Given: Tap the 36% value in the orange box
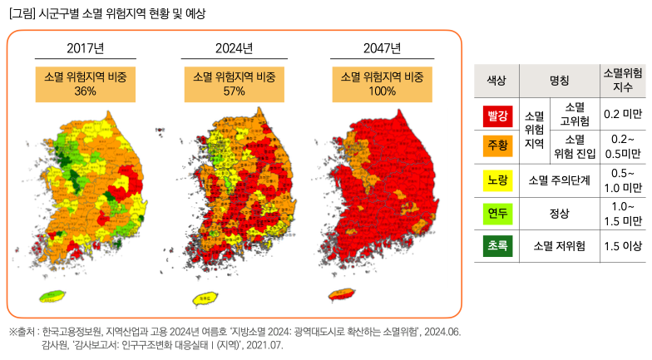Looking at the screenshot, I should point(85,91).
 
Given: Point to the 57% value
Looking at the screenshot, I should point(234,91).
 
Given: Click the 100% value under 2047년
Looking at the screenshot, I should point(382,91).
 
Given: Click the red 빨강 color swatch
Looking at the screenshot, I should point(497,114).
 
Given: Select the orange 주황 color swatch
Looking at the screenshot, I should point(497,145).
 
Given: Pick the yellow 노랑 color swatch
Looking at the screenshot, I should point(497,179).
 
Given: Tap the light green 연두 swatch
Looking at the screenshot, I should point(497,213).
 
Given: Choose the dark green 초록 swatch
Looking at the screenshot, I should point(497,246).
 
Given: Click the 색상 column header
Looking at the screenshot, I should point(497,81).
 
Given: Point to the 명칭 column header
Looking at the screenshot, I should point(560,81).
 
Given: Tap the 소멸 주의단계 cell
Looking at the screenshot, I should point(560,179).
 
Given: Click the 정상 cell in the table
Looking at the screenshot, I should point(560,213).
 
